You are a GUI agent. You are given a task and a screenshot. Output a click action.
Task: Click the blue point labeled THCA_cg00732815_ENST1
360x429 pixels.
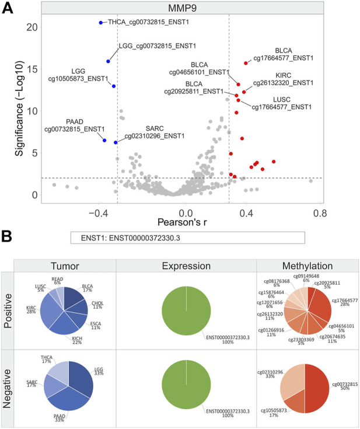click(101, 22)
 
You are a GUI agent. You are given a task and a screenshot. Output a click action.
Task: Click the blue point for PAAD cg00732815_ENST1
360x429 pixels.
click(104, 140)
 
